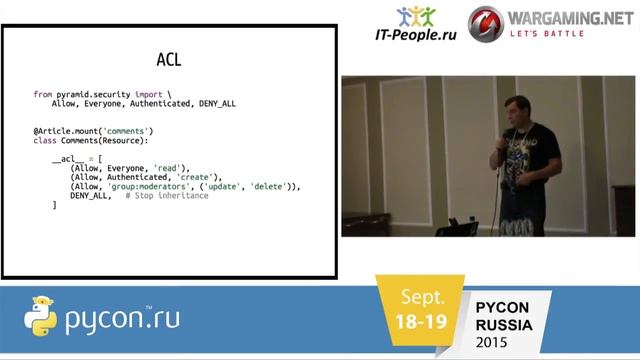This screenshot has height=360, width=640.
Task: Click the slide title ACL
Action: [168, 59]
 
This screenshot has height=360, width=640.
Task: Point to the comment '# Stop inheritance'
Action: [167, 195]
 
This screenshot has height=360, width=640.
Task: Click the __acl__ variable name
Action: [67, 158]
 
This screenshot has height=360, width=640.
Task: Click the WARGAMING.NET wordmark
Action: [570, 17]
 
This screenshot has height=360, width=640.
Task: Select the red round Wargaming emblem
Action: [486, 24]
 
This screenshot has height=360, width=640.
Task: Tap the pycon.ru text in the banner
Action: [125, 321]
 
